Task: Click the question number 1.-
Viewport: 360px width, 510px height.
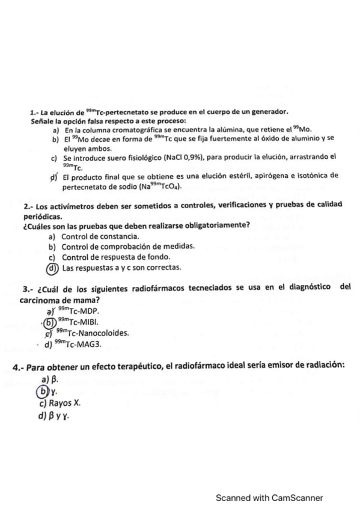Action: click(x=35, y=112)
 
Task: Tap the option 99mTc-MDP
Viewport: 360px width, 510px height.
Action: click(x=76, y=311)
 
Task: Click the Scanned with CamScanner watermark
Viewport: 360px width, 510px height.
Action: click(x=270, y=498)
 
